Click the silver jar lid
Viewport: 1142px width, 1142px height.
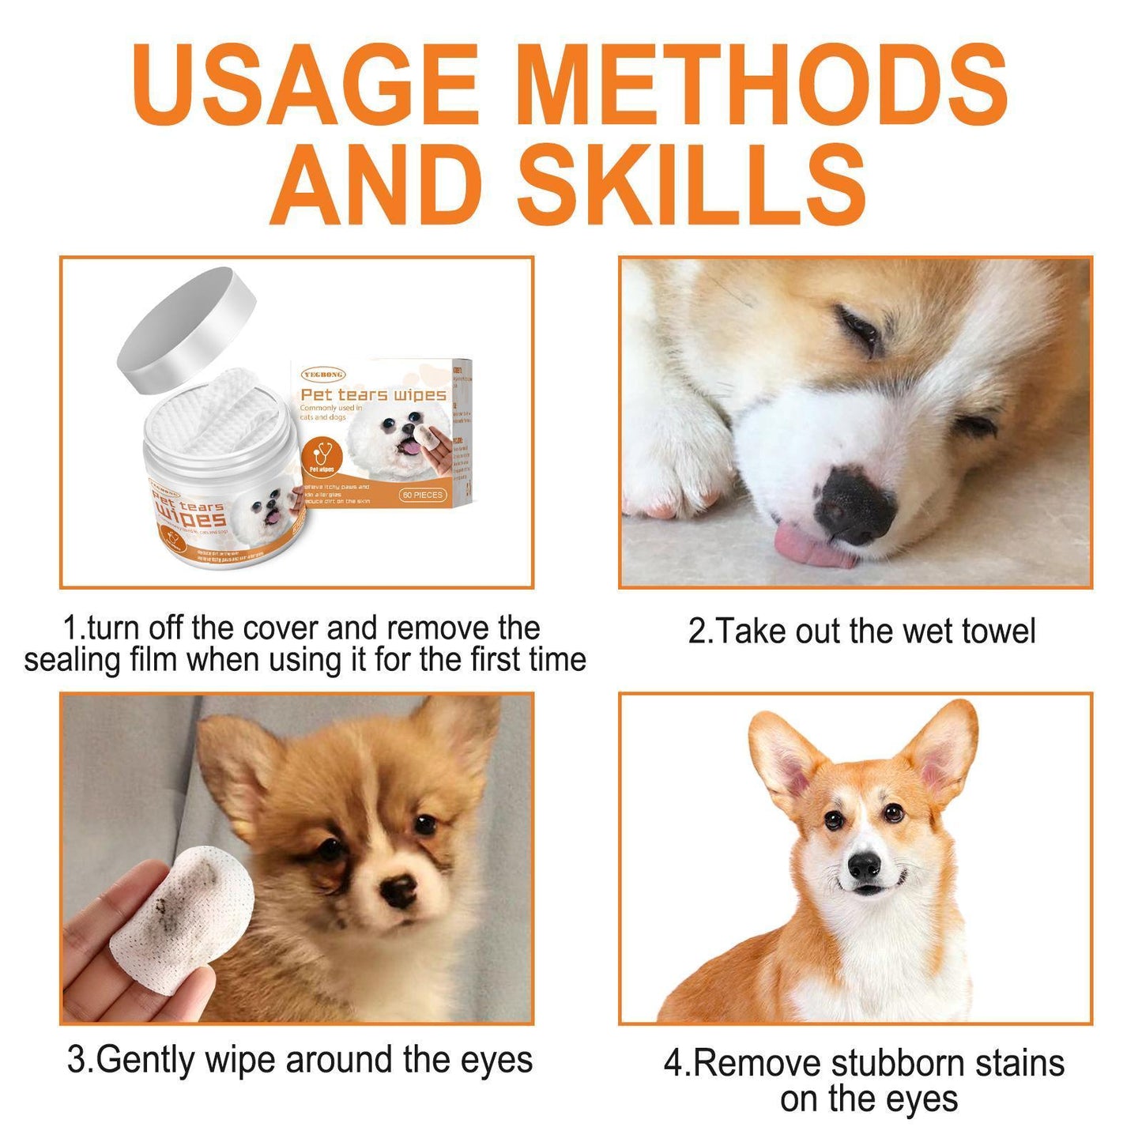click(x=187, y=330)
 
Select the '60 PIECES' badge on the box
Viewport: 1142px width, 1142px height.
click(x=423, y=495)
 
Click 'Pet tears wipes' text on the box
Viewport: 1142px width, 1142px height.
click(x=373, y=394)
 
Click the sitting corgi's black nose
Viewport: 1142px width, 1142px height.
click(x=864, y=865)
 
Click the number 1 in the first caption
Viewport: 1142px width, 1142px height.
click(x=70, y=629)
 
